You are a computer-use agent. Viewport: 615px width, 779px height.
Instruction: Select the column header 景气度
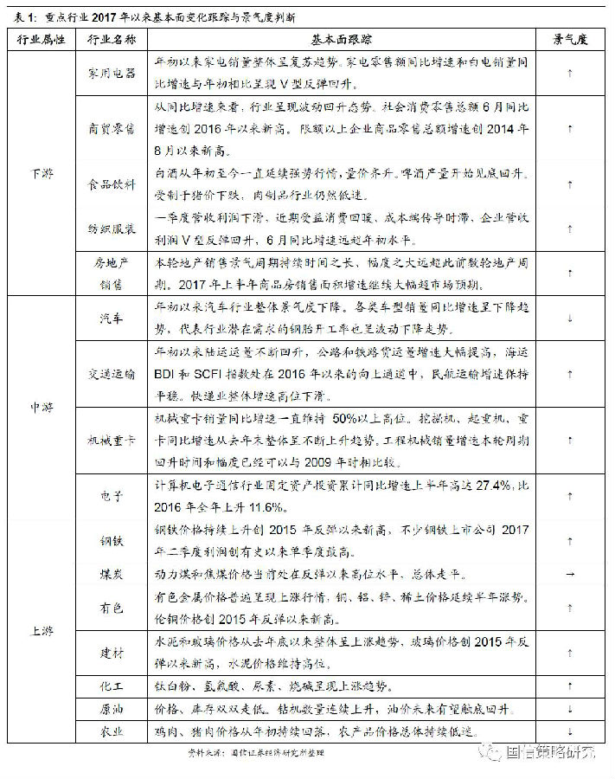point(569,41)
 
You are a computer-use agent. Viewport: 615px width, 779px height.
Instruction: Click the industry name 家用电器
point(112,74)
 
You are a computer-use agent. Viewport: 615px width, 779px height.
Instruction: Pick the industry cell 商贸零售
point(112,128)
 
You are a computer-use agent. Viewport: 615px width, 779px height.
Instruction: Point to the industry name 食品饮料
point(112,184)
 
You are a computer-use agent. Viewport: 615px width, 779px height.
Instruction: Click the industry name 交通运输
point(112,374)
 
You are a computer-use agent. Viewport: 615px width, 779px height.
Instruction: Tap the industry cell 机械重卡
point(112,441)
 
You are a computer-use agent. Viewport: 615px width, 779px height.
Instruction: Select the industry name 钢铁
point(112,542)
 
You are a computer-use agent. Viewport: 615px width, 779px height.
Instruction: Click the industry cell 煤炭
point(112,574)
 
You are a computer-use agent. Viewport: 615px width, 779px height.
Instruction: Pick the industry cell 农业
point(112,731)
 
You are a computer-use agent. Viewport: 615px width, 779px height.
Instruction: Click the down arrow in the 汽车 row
point(569,319)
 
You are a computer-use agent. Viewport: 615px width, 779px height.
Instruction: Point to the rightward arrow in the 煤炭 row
point(569,574)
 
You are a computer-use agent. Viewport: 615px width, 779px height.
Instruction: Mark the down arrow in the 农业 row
point(569,731)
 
